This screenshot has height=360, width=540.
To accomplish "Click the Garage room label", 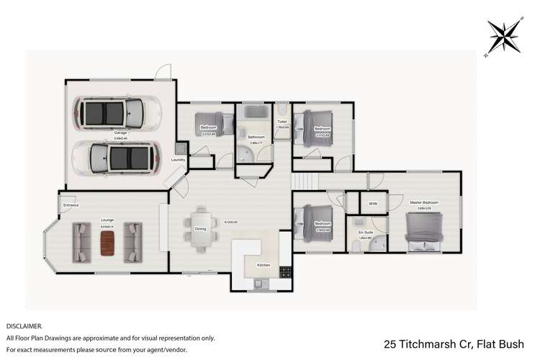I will pyautogui.click(x=120, y=133).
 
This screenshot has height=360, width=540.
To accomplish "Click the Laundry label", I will pyautogui.click(x=178, y=160).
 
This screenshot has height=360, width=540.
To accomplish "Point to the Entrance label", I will pyautogui.click(x=71, y=205).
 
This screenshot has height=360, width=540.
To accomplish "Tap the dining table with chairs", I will pyautogui.click(x=200, y=229).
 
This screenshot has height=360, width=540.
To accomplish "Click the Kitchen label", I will pyautogui.click(x=264, y=265).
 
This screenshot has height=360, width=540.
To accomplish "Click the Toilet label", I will pyautogui.click(x=282, y=122).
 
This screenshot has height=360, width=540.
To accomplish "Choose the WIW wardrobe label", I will pyautogui.click(x=372, y=204).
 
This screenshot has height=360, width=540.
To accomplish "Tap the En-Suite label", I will pyautogui.click(x=365, y=233).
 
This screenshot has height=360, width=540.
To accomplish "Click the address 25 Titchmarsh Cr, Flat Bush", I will pyautogui.click(x=458, y=343).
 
